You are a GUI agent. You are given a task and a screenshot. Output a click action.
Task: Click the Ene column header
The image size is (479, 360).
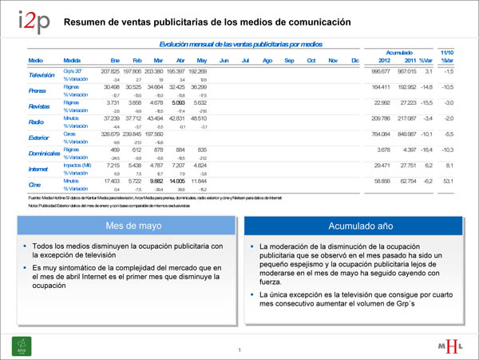click(x=114, y=60)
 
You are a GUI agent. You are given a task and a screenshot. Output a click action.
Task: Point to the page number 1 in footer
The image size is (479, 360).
click(x=239, y=350)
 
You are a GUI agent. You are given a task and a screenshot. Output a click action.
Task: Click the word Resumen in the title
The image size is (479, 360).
click(x=85, y=21)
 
